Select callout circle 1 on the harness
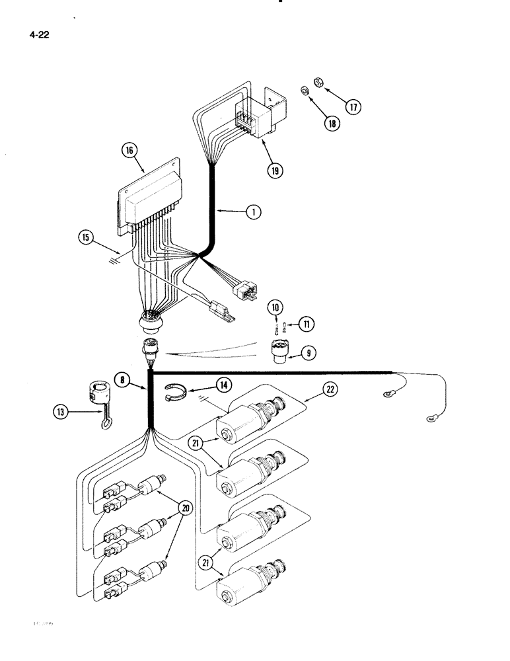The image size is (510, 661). tap(252, 212)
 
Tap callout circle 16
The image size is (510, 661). tap(129, 151)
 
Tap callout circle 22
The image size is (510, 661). tap(331, 390)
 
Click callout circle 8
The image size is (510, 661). tap(121, 380)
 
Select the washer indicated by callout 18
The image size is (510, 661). tap(305, 90)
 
